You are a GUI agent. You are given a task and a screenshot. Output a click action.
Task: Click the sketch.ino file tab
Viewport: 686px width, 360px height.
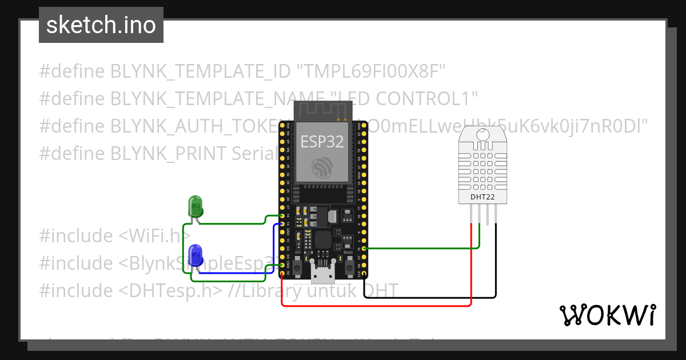point(101,25)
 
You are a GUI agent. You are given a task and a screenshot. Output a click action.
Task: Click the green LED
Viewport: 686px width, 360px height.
point(195,206)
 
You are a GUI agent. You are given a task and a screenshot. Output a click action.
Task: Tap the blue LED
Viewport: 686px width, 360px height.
point(195,253)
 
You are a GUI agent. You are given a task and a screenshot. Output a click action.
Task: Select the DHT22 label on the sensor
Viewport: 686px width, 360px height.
point(482,197)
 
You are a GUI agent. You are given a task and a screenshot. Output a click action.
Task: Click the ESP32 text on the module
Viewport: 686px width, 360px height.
point(322,142)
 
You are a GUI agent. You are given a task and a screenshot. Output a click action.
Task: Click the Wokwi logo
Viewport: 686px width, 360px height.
point(607,315)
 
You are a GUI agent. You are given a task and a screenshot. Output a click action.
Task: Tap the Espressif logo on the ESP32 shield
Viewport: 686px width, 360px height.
point(322,167)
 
